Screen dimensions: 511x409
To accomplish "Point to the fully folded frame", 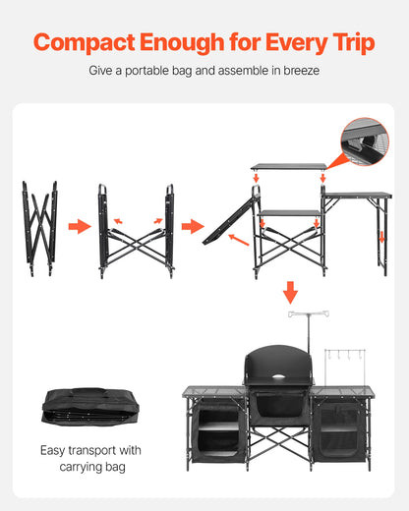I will click(x=40, y=228).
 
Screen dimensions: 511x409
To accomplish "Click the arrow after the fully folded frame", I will click(x=79, y=227).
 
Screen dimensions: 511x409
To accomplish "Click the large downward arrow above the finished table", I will click(x=290, y=292).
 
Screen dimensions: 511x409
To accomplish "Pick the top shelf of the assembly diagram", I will click(x=288, y=167).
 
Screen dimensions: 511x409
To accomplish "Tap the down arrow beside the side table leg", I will click(x=381, y=237).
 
